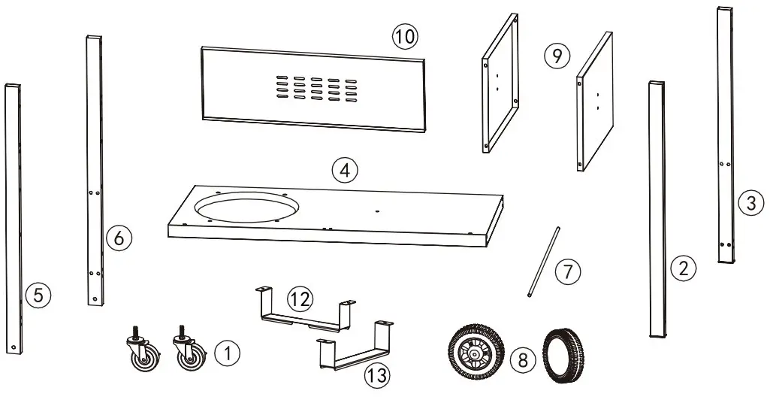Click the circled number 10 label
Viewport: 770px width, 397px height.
coord(404,35)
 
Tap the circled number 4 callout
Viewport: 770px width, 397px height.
coord(343,171)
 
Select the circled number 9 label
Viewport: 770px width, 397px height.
coord(557,56)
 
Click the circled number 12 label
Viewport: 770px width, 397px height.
coord(299,299)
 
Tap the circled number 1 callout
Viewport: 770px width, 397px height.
coord(226,352)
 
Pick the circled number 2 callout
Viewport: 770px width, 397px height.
coord(682,268)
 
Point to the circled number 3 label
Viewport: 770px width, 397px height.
coord(748,202)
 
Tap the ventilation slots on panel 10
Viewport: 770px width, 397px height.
coord(316,88)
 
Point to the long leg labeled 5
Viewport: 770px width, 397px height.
coord(15,218)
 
